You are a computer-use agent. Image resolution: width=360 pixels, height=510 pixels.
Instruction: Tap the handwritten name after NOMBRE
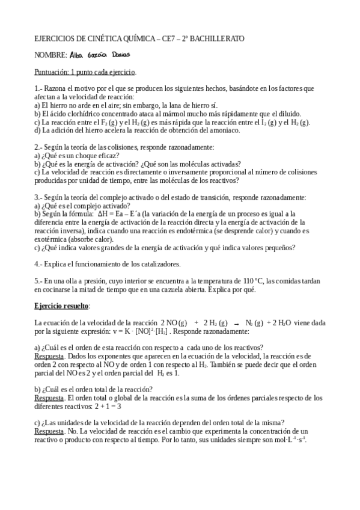[97, 55]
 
